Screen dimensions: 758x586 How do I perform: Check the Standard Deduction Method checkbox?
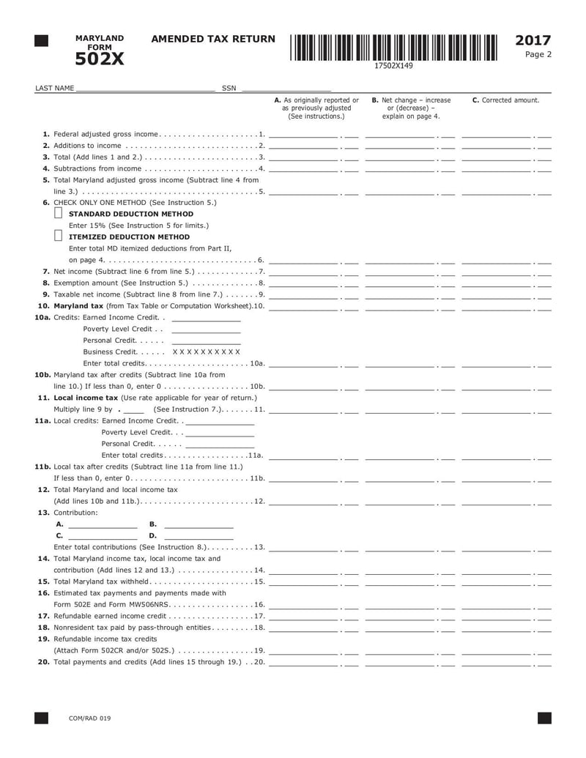point(59,214)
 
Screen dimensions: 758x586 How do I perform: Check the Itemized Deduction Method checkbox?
point(59,237)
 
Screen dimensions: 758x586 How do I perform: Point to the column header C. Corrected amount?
point(505,100)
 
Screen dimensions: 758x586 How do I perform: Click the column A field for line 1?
point(304,135)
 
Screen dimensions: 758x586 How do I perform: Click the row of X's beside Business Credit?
point(206,352)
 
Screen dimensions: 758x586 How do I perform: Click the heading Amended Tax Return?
point(213,40)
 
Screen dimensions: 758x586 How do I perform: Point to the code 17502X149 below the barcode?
point(393,66)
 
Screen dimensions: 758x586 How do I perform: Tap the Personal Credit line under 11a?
point(220,445)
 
